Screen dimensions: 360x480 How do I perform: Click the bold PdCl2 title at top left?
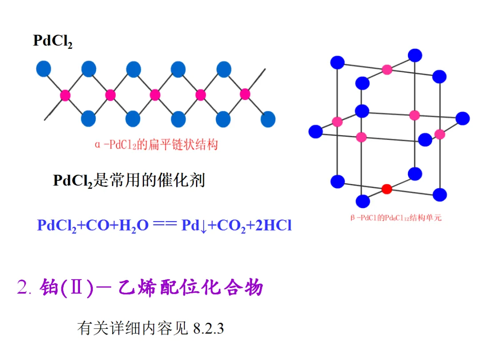coord(52,41)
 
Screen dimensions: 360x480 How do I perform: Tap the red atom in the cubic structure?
coord(387,189)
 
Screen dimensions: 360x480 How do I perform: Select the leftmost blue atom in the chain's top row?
coord(44,69)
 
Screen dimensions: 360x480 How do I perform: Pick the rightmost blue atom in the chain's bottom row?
coord(268,119)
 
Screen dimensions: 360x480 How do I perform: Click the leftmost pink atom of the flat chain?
coord(65,95)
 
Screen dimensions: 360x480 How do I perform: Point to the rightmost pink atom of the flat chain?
coord(245,94)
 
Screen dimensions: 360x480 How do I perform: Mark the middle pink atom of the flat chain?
coord(155,95)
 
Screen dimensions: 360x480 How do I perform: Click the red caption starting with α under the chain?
coord(156,145)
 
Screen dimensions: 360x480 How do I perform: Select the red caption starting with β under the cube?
coord(396,218)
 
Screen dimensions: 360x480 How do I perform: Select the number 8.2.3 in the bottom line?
coord(208,329)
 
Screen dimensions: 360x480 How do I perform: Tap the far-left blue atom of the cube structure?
coord(316,132)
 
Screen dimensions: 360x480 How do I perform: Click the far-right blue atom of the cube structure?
coord(463,118)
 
